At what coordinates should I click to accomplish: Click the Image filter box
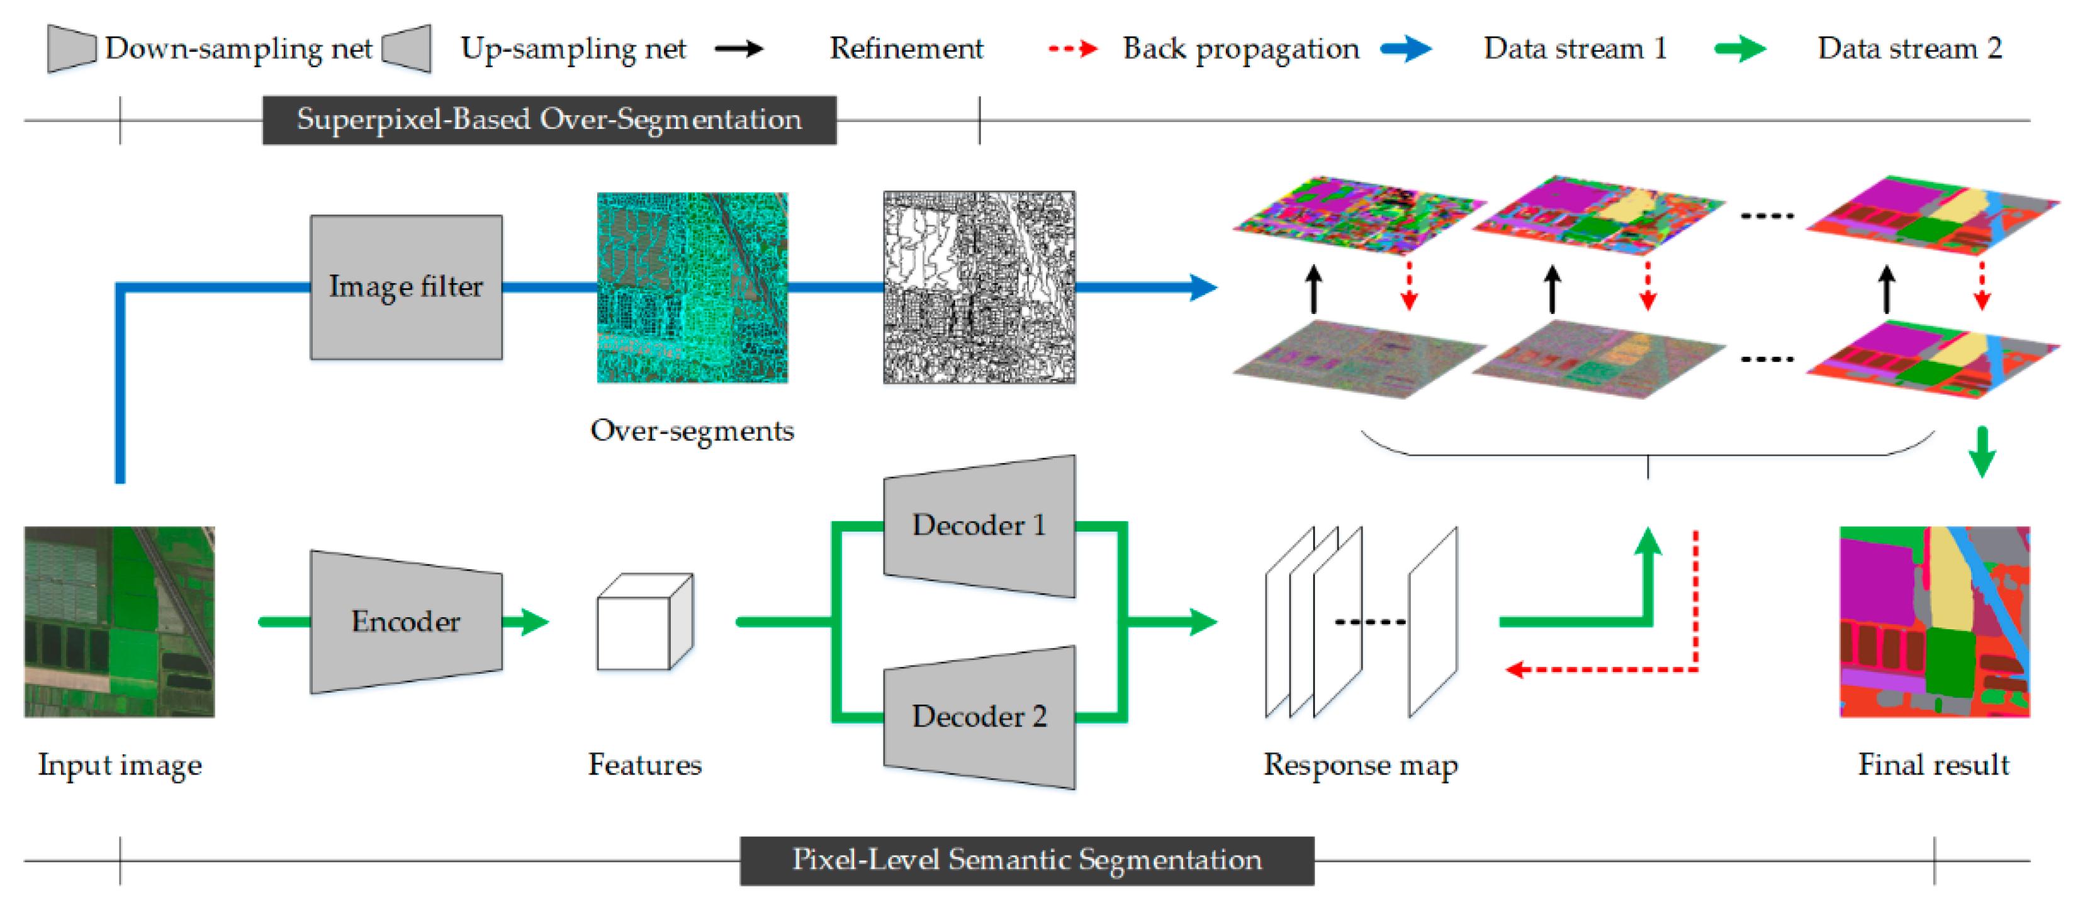pyautogui.click(x=406, y=288)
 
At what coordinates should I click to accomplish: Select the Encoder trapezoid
pyautogui.click(x=406, y=621)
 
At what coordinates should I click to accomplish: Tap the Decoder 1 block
pyautogui.click(x=979, y=526)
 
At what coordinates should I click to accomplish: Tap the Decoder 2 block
pyautogui.click(x=979, y=717)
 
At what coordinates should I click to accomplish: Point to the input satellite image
pyautogui.click(x=120, y=621)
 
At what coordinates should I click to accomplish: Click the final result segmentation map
pyautogui.click(x=1934, y=621)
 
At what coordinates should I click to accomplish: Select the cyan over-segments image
pyautogui.click(x=692, y=288)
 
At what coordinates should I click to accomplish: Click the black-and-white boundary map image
pyautogui.click(x=979, y=288)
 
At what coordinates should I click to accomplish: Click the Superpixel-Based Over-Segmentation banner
pyautogui.click(x=549, y=120)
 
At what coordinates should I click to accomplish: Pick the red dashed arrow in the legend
pyautogui.click(x=1072, y=49)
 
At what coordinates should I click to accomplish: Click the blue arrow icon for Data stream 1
pyautogui.click(x=1405, y=49)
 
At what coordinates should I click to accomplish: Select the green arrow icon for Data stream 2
pyautogui.click(x=1739, y=49)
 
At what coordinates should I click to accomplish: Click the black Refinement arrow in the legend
pyautogui.click(x=738, y=49)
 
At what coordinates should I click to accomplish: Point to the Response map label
pyautogui.click(x=1360, y=764)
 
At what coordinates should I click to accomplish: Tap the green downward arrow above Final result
pyautogui.click(x=1981, y=452)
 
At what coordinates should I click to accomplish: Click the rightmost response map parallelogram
pyautogui.click(x=1433, y=621)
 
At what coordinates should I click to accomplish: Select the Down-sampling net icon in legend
pyautogui.click(x=71, y=48)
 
